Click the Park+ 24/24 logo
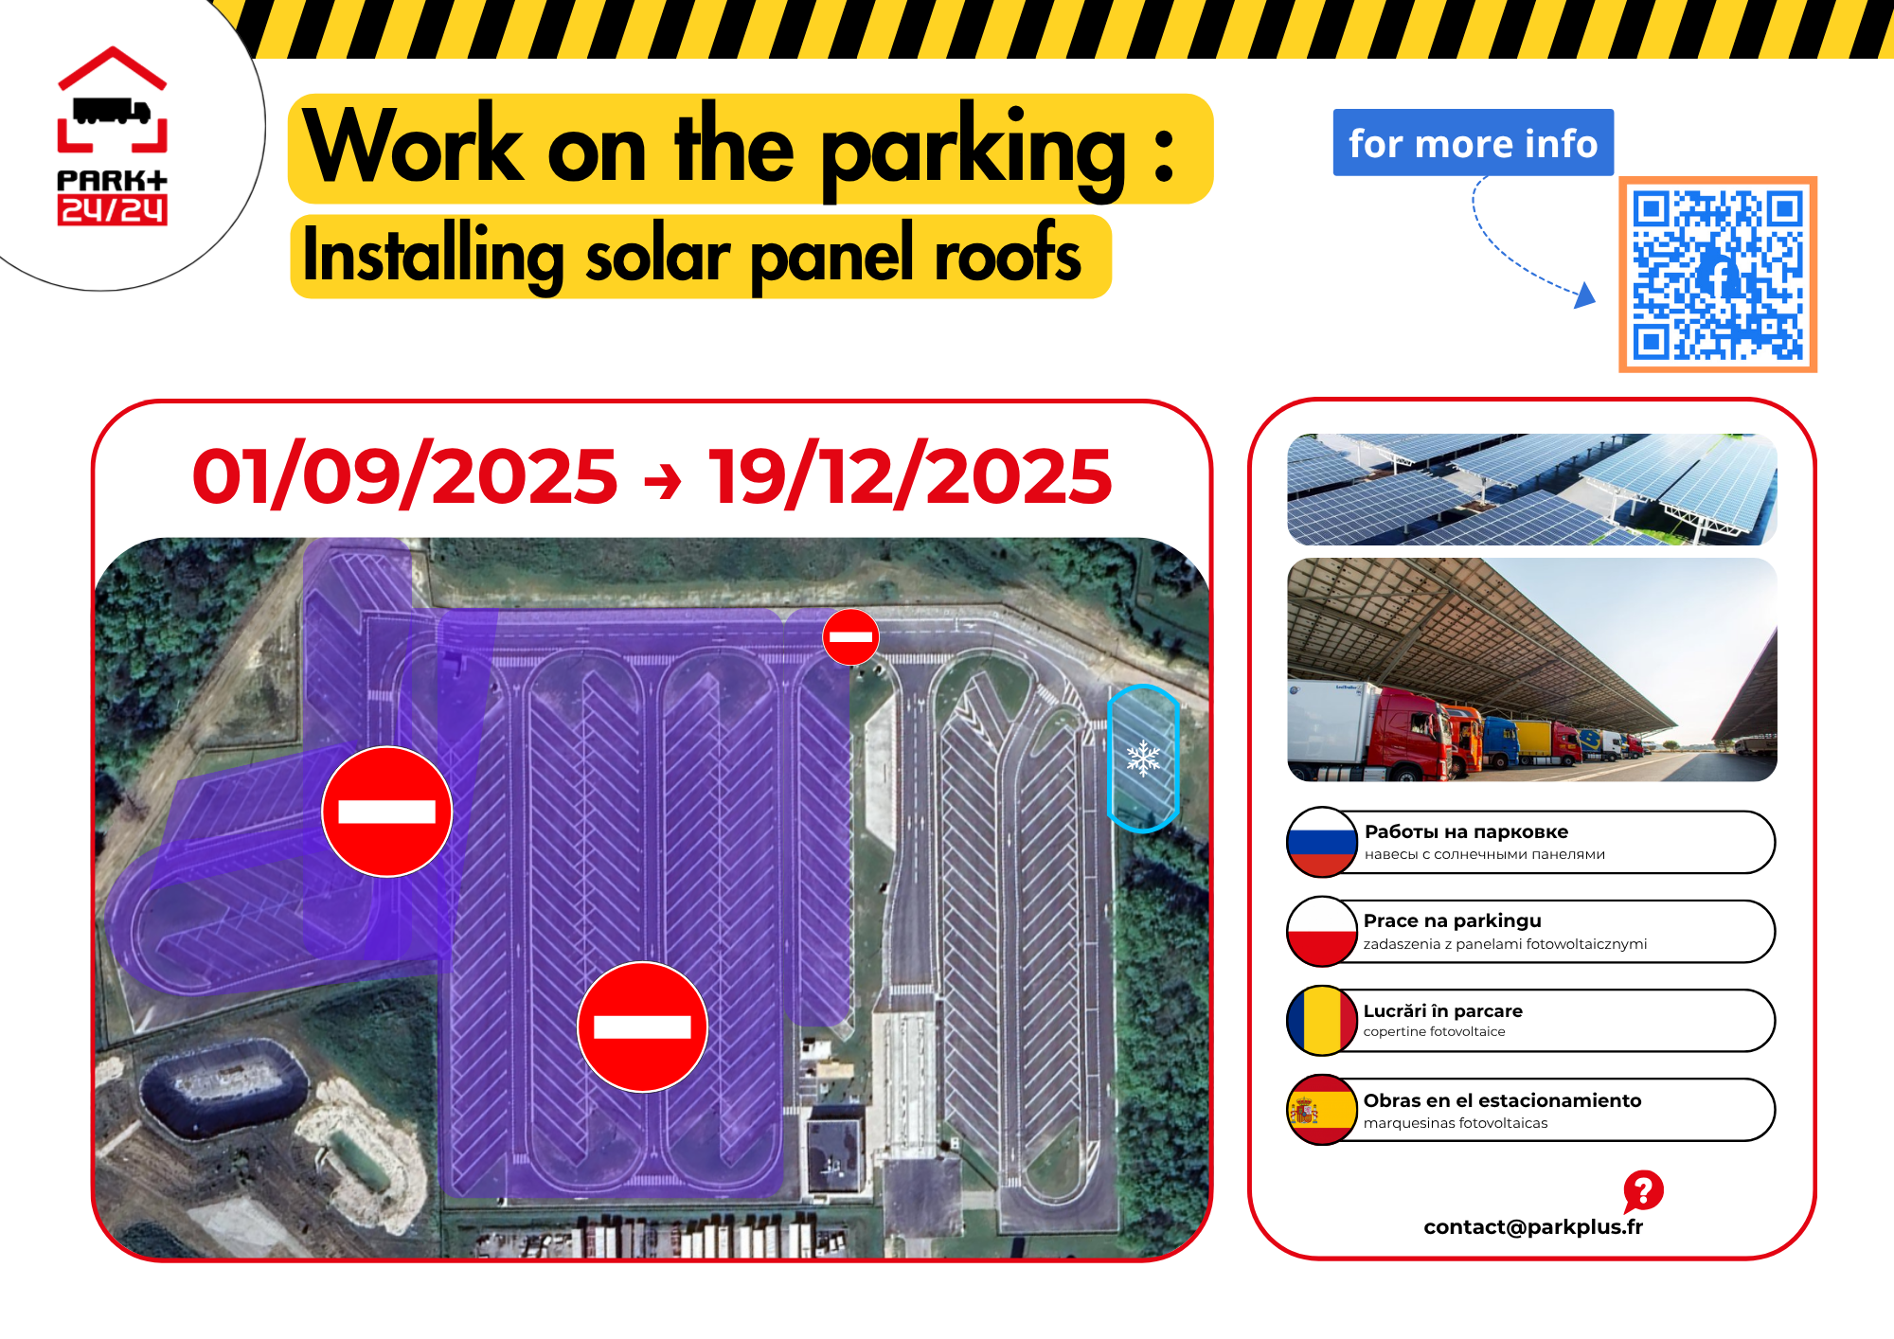click(x=112, y=135)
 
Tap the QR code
click(x=1717, y=275)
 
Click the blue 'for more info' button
click(x=1473, y=143)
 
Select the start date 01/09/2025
click(x=405, y=475)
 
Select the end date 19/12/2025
click(x=910, y=475)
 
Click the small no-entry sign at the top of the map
click(x=850, y=636)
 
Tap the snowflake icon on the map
click(x=1143, y=759)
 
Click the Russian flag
click(x=1322, y=842)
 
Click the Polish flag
click(x=1322, y=932)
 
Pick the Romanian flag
click(x=1322, y=1021)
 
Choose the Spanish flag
click(x=1322, y=1110)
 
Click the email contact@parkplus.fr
click(x=1533, y=1227)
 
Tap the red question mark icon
click(x=1643, y=1191)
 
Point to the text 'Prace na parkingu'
click(x=1452, y=920)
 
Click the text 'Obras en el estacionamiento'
click(x=1502, y=1100)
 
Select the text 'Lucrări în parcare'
click(x=1442, y=1010)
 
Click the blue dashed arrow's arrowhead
click(x=1585, y=295)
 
